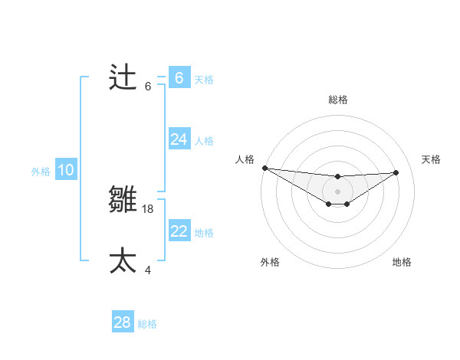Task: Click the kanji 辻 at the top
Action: pos(123,77)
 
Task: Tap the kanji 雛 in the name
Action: pos(123,200)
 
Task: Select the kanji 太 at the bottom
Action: pos(123,261)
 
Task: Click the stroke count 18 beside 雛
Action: pos(149,208)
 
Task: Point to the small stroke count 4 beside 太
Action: pos(148,270)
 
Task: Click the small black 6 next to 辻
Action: pos(148,86)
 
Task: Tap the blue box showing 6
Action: pos(179,77)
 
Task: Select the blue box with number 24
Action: pos(179,139)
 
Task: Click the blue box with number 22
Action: pos(179,231)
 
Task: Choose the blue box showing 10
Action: pos(65,170)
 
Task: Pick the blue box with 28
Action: pos(122,322)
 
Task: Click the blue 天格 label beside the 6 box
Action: pos(204,79)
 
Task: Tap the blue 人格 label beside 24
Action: pos(204,140)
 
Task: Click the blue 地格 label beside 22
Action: pos(204,232)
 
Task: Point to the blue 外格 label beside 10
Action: pos(41,172)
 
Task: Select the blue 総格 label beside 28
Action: pos(147,324)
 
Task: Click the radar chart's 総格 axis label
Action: pos(337,100)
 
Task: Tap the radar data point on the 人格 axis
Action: pos(264,168)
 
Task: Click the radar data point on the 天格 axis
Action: pos(396,172)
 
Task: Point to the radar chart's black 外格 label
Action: pos(270,262)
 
